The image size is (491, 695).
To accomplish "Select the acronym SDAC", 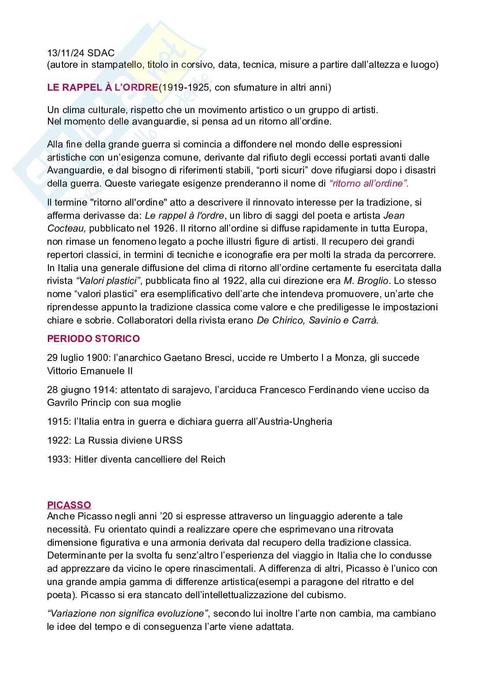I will [102, 53].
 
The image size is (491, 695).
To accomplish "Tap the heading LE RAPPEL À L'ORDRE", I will [102, 87].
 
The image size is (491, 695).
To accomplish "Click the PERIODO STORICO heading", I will [93, 338].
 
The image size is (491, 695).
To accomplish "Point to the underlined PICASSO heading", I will [69, 505].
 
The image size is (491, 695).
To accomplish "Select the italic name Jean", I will [394, 215].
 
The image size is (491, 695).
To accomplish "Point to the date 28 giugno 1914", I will [81, 390].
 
